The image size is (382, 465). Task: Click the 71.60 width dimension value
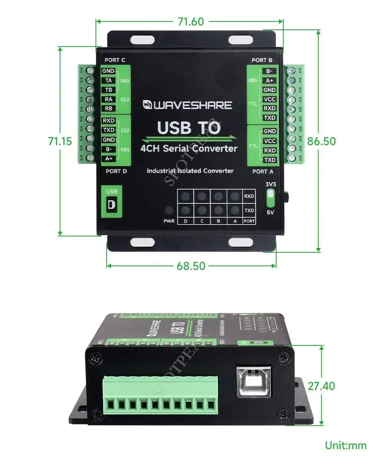click(191, 21)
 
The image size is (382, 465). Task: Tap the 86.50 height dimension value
click(321, 141)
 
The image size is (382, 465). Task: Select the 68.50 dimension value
click(191, 266)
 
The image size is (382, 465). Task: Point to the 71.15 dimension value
click(60, 141)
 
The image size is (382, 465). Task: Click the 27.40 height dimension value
click(321, 386)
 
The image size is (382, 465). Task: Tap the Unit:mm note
click(345, 445)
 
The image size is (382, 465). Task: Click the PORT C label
click(115, 60)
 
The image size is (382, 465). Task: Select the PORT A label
click(262, 171)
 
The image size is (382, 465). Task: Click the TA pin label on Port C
click(108, 80)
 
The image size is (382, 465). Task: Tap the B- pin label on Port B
click(269, 71)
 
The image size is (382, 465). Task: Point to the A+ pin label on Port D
click(108, 159)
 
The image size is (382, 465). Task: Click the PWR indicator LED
click(169, 210)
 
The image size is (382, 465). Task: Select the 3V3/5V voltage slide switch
click(270, 196)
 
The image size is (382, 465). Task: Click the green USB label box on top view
click(112, 201)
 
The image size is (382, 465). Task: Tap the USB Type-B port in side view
click(254, 381)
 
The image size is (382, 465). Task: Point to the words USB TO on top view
click(189, 128)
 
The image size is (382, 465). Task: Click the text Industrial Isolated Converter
click(190, 171)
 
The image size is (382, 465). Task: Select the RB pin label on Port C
click(108, 108)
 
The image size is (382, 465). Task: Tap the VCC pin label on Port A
click(270, 141)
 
